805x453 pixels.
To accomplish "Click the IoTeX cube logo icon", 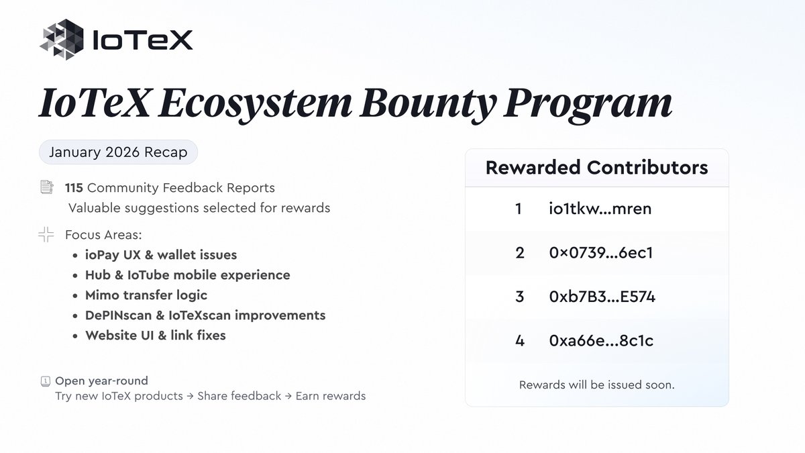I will click(62, 40).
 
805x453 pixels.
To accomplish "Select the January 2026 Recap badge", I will click(119, 152).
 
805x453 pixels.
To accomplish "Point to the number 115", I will click(74, 188).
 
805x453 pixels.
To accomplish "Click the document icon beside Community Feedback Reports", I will click(46, 187).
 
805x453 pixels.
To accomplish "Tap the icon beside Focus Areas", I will click(46, 235).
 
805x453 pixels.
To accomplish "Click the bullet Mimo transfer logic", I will click(146, 295).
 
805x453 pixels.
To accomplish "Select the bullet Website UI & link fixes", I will click(156, 335).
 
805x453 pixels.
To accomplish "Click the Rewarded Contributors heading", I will click(596, 167).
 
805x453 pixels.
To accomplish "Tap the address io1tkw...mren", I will click(600, 209).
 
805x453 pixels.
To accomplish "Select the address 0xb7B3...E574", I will click(602, 297).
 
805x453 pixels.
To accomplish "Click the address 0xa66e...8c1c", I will click(601, 340).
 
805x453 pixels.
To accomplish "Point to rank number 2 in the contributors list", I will click(519, 253).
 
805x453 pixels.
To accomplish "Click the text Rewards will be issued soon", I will click(596, 385).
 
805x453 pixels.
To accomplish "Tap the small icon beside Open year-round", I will click(45, 381).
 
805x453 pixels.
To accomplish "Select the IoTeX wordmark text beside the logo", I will click(142, 40).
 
